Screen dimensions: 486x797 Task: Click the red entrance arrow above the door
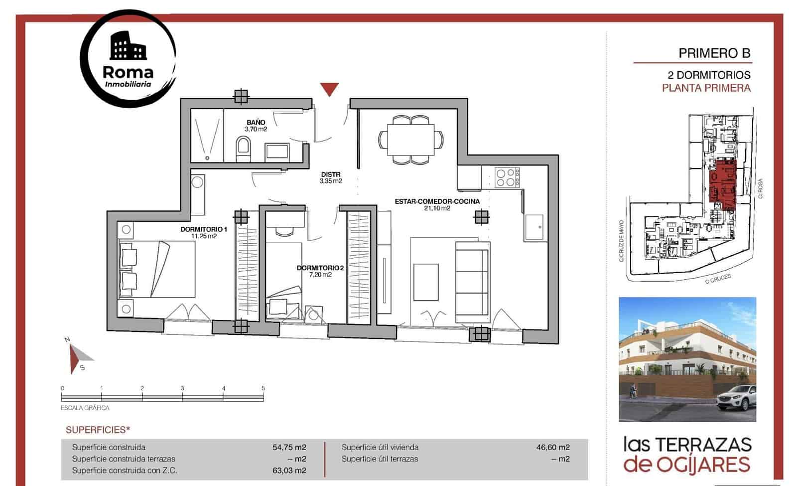[329, 89]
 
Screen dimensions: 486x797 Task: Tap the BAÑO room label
[256, 123]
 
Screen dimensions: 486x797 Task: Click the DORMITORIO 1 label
[204, 229]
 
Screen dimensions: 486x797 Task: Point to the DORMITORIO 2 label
[320, 268]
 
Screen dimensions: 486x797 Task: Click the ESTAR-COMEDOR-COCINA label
[437, 201]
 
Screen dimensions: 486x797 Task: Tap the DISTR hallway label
[331, 174]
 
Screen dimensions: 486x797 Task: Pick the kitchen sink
[535, 228]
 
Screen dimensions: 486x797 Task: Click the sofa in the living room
[472, 282]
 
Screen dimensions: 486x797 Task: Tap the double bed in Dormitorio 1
[156, 269]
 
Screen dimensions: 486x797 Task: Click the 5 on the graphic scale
[263, 388]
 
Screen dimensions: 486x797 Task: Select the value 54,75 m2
[289, 447]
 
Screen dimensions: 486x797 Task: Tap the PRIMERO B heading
[714, 53]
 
